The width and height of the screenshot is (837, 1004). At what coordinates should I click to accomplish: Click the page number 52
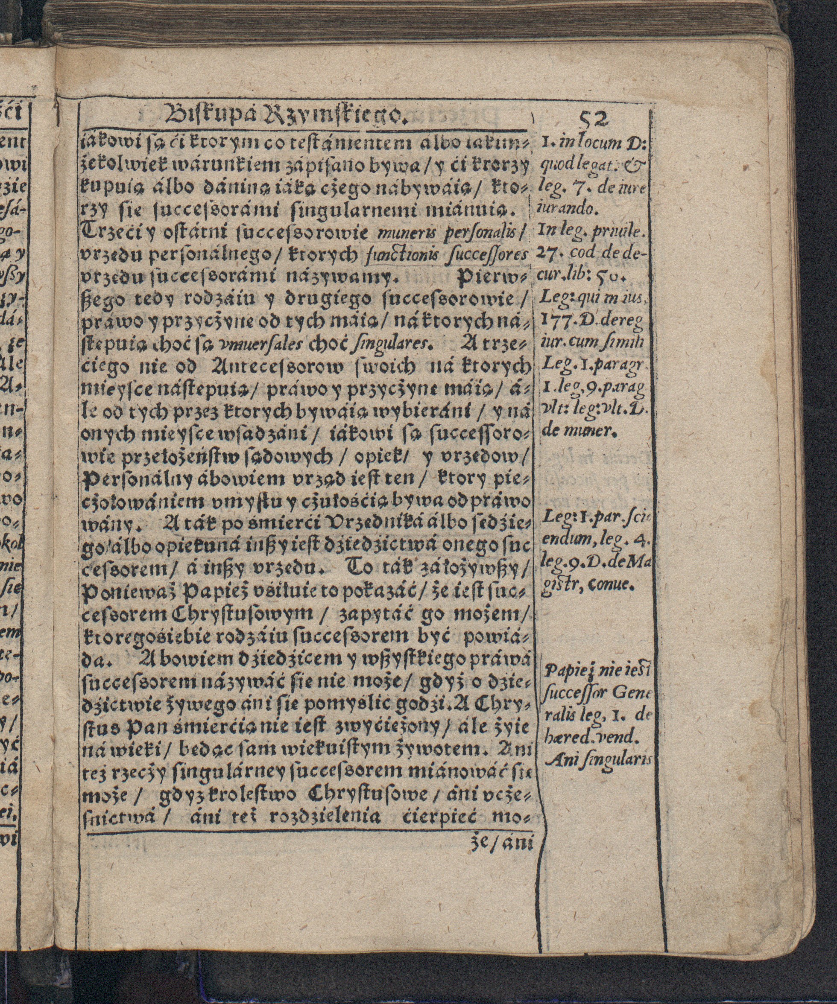[x=594, y=119]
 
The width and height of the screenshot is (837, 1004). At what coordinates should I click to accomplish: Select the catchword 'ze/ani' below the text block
[x=501, y=844]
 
